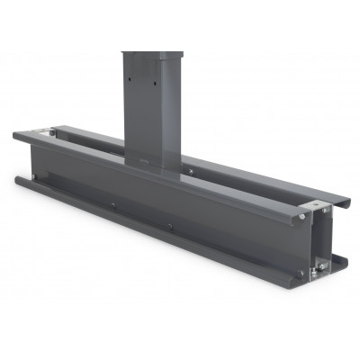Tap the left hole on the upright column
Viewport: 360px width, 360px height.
(132, 80)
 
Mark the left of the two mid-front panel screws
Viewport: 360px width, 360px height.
(112, 206)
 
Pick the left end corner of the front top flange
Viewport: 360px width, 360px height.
(16, 135)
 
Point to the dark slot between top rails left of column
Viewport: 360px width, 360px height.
(90, 144)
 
